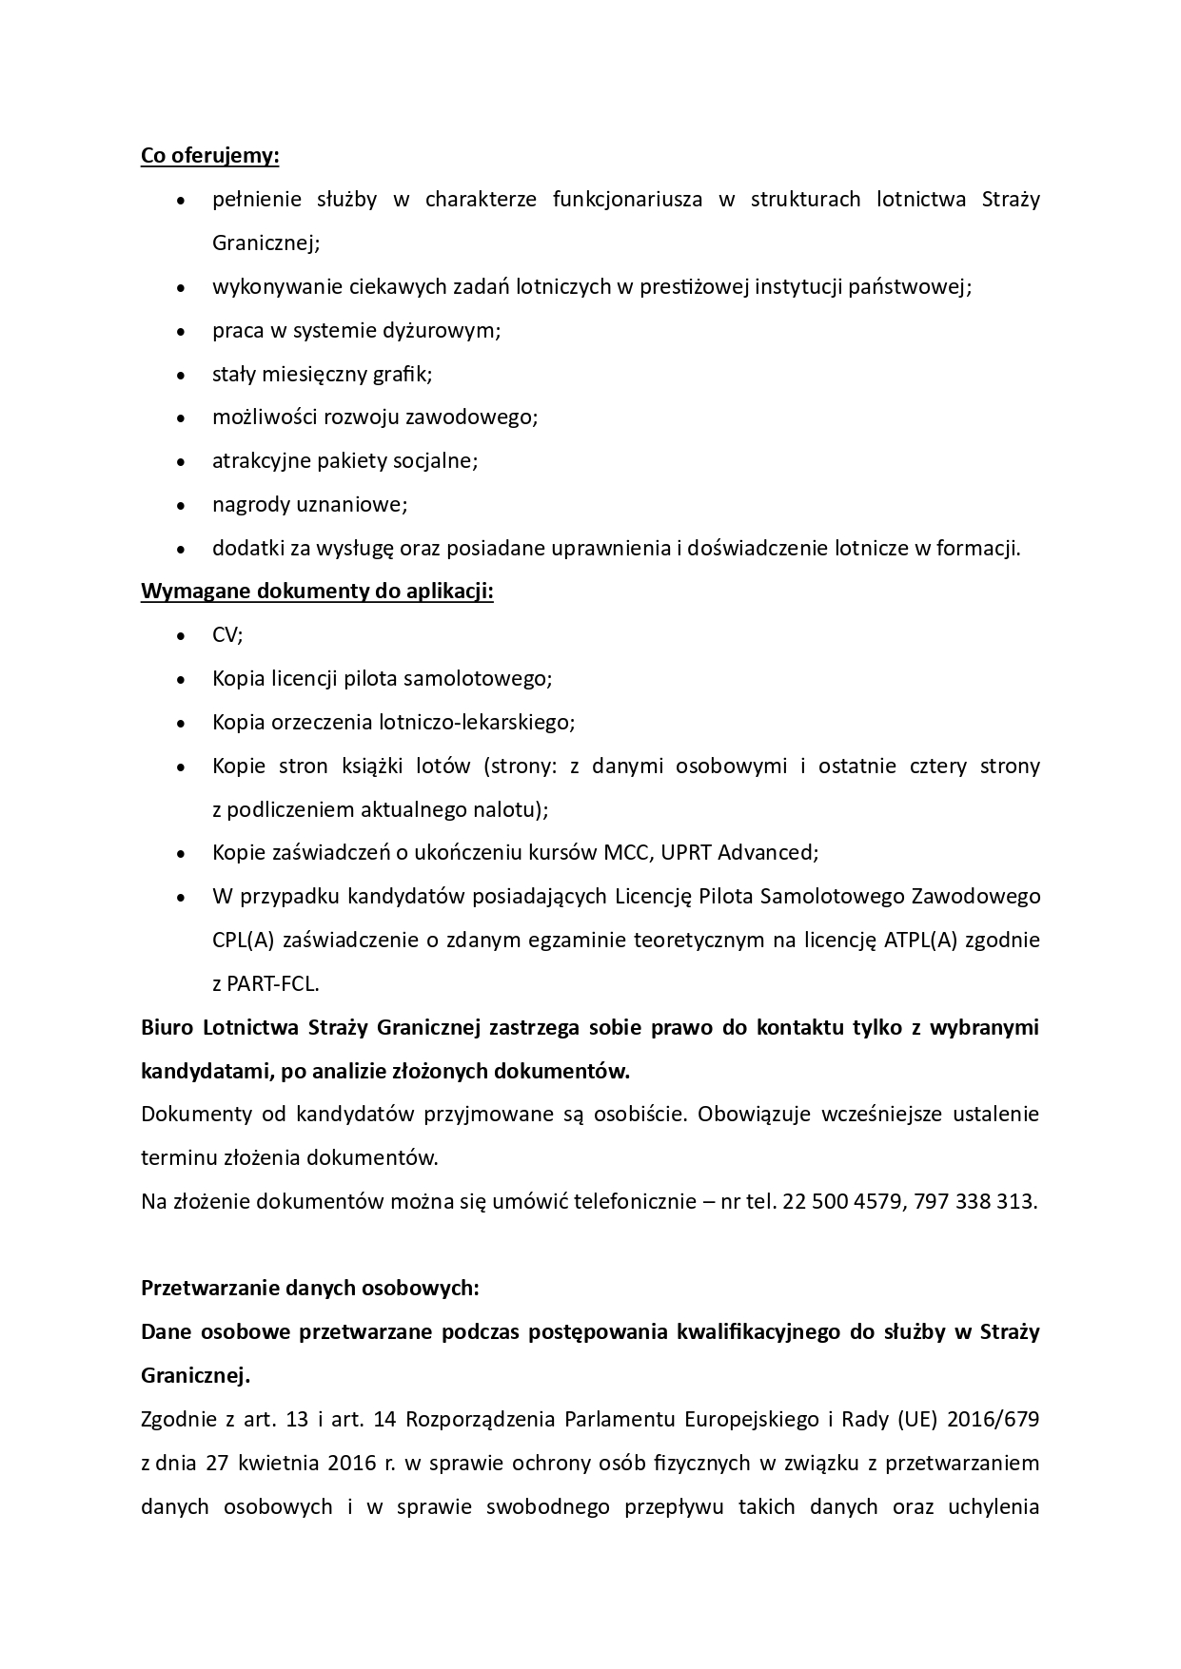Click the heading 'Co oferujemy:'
tap(209, 155)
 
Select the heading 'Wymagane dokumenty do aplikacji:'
tap(317, 592)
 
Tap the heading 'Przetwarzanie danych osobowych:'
tap(309, 1289)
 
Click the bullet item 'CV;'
tap(227, 635)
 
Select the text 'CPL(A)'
tap(244, 940)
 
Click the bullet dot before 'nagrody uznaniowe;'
tap(181, 506)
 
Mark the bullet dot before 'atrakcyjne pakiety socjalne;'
tap(181, 462)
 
